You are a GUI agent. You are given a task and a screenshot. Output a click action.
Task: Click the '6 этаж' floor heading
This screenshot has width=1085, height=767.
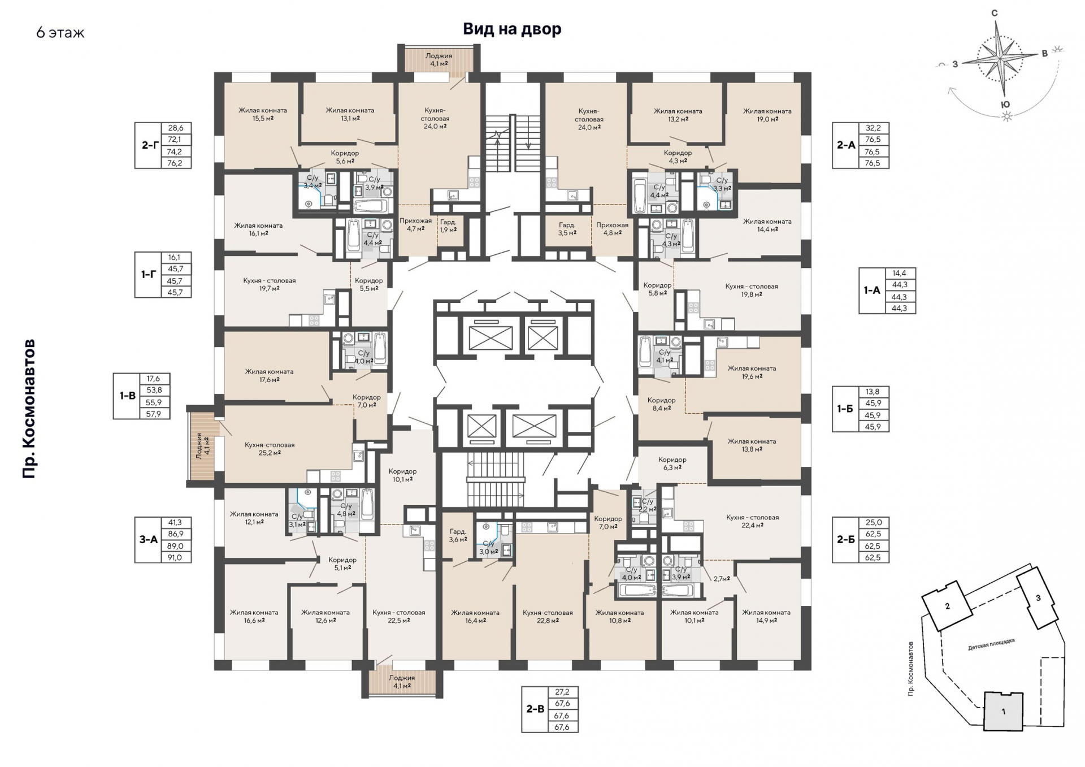60,33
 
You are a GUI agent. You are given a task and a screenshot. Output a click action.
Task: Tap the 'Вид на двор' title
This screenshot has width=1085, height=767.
512,29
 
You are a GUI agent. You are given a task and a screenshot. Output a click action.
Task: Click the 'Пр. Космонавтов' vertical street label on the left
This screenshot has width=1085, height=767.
29,409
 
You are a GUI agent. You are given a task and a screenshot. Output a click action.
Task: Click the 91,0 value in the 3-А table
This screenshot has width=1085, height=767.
175,557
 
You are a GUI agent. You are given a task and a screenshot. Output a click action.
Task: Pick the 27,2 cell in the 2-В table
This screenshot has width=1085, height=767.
562,692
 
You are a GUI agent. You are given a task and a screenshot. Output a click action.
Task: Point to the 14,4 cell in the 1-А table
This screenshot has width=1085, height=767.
899,273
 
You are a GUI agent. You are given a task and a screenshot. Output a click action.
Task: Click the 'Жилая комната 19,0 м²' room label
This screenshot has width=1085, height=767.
767,115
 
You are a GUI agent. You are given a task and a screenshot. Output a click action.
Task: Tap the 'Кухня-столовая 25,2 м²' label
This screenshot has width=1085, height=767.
270,449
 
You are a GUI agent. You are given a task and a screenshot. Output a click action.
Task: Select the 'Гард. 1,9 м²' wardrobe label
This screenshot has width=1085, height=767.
448,226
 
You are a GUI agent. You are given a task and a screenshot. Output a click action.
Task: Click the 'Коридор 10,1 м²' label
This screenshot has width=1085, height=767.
402,475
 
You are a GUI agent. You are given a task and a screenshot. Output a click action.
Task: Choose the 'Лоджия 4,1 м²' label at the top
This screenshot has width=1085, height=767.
439,60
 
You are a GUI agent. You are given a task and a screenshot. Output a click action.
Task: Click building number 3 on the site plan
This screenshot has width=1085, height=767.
1038,598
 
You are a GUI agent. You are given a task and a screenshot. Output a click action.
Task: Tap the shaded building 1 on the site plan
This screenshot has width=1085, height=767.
1004,712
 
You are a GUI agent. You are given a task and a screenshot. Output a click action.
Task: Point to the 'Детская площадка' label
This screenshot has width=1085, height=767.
991,644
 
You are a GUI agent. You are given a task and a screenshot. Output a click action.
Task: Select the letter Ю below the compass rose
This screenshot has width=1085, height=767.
1005,105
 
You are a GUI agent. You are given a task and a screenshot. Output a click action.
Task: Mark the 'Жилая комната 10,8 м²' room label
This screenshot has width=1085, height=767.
619,617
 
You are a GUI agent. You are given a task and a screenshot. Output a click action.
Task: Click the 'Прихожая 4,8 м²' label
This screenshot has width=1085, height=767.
612,229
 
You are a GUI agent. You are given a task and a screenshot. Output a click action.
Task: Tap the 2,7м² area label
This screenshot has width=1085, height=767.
722,579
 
